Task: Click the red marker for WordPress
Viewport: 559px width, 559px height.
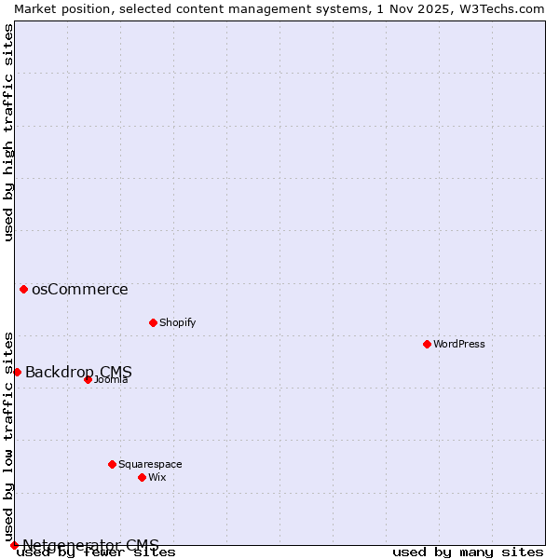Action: [x=427, y=344]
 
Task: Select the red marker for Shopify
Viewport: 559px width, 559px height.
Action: [x=153, y=322]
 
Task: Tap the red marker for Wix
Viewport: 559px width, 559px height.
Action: [x=142, y=477]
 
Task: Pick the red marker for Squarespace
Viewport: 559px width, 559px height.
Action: [x=112, y=464]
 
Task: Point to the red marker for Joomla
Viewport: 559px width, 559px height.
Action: [x=88, y=379]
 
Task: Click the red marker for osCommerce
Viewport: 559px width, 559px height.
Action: [x=23, y=289]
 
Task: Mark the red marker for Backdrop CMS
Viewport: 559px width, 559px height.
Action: [x=17, y=372]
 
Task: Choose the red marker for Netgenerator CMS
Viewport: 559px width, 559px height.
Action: [x=14, y=545]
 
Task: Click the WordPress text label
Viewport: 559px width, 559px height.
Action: [x=459, y=344]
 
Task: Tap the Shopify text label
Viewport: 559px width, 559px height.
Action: [x=177, y=322]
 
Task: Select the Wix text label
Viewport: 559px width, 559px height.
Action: [x=157, y=477]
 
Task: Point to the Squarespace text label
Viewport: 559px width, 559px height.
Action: [x=150, y=464]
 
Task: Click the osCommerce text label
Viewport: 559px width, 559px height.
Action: [x=79, y=289]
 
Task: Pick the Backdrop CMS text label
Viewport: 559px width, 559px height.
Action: [x=78, y=373]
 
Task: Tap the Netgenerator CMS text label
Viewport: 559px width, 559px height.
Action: [x=90, y=545]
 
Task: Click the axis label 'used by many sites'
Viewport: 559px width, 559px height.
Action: [x=468, y=552]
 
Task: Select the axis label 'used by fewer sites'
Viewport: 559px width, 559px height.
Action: [x=96, y=552]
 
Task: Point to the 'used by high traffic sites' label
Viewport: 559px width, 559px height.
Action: [x=9, y=132]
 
